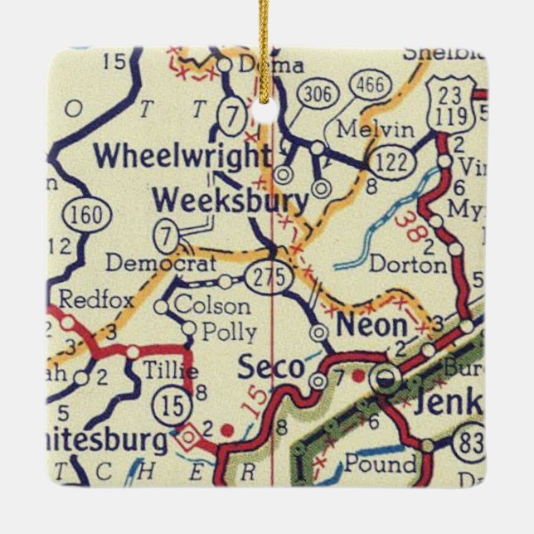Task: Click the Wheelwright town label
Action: click(182, 157)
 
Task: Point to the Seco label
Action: click(271, 367)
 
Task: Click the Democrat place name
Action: click(161, 263)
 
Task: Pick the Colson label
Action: click(212, 305)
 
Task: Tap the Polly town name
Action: click(230, 332)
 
